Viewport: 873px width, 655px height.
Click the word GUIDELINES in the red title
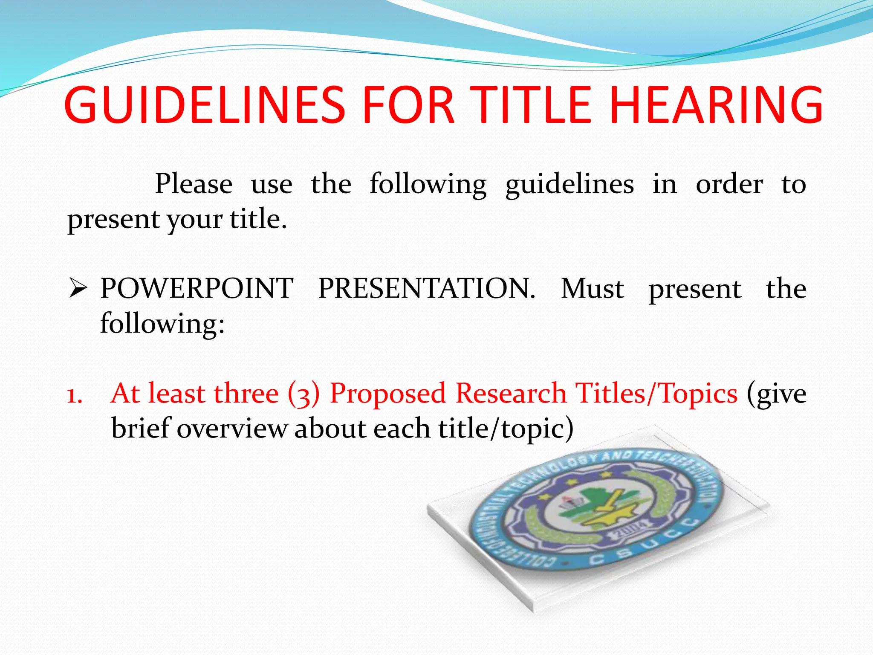[205, 105]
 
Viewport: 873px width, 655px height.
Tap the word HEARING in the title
[716, 105]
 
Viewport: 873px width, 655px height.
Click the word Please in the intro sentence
[194, 184]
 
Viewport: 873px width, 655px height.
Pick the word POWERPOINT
[197, 289]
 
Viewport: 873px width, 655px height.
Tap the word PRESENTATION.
[426, 289]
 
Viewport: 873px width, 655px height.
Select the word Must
[593, 289]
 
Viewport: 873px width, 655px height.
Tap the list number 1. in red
[75, 395]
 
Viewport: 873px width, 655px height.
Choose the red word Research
[511, 393]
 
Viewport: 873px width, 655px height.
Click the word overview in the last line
[232, 429]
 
